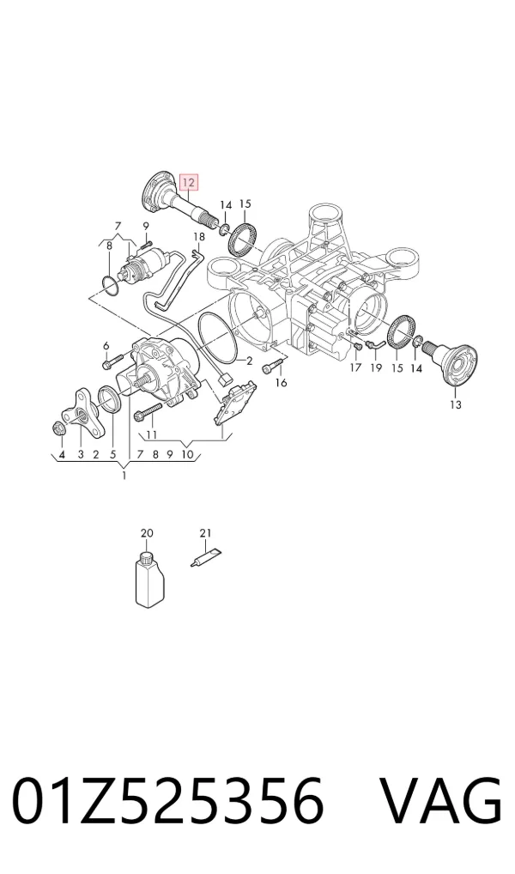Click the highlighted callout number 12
click(x=188, y=182)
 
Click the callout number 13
click(x=456, y=404)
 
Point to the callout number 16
click(x=282, y=383)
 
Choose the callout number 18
click(x=199, y=237)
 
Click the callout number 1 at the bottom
click(x=124, y=476)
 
